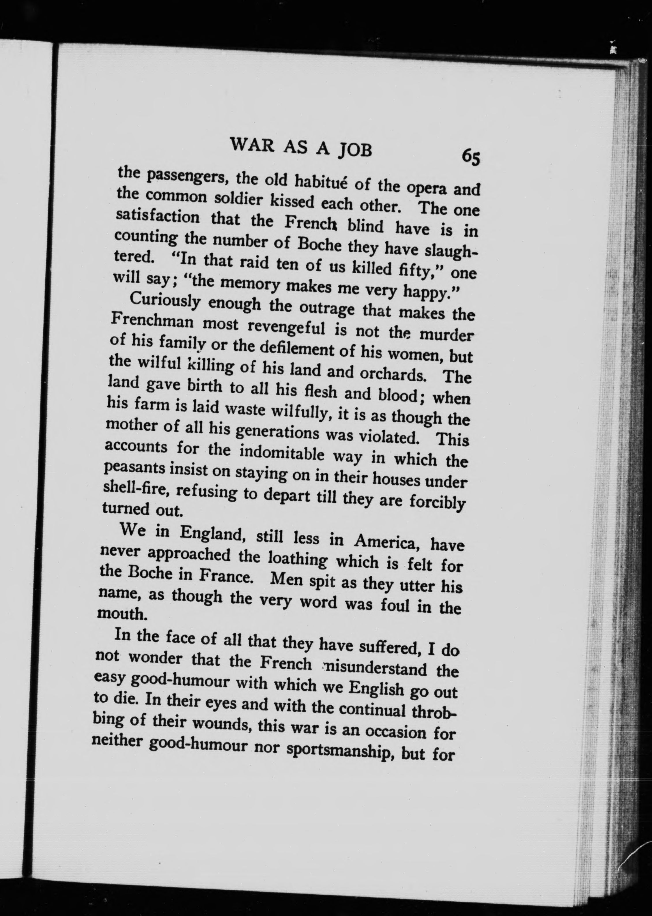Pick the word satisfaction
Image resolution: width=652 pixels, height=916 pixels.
coord(157,217)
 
